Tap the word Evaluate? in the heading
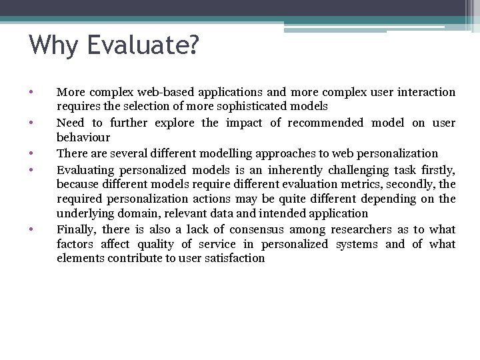141,46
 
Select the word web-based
155,92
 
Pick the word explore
176,123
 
